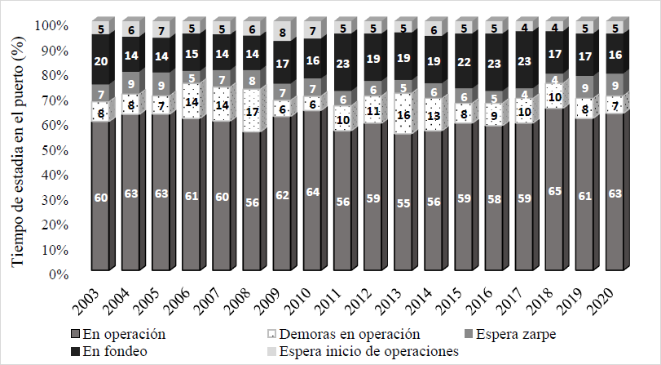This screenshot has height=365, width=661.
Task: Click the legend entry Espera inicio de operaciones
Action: pos(369,351)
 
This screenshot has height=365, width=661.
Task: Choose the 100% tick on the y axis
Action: pos(51,26)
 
